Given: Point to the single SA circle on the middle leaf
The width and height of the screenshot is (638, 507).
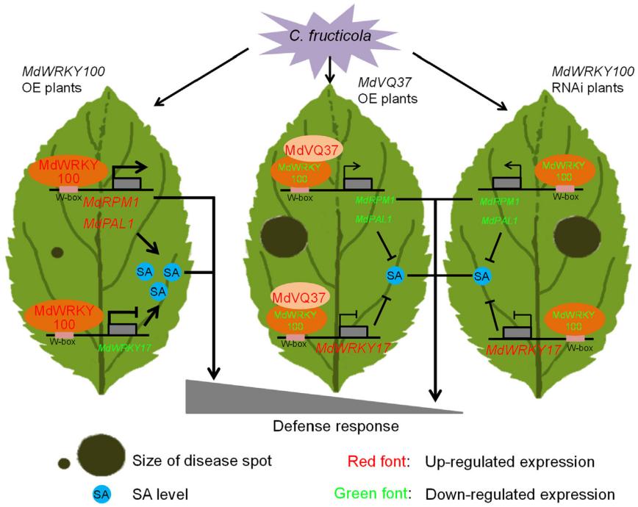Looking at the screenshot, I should tap(395, 275).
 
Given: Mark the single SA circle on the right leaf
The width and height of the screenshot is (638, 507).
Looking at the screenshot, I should tap(482, 276).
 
